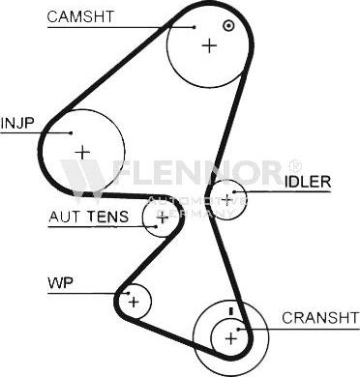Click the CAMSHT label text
80,15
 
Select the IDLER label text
308,181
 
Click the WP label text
60,283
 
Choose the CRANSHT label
319,317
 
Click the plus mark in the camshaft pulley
209,45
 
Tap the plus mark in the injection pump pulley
82,151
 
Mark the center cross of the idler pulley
227,199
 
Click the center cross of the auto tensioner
163,217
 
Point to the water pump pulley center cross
134,303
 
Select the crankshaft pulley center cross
230,337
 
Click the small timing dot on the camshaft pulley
227,26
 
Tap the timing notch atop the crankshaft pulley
230,310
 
